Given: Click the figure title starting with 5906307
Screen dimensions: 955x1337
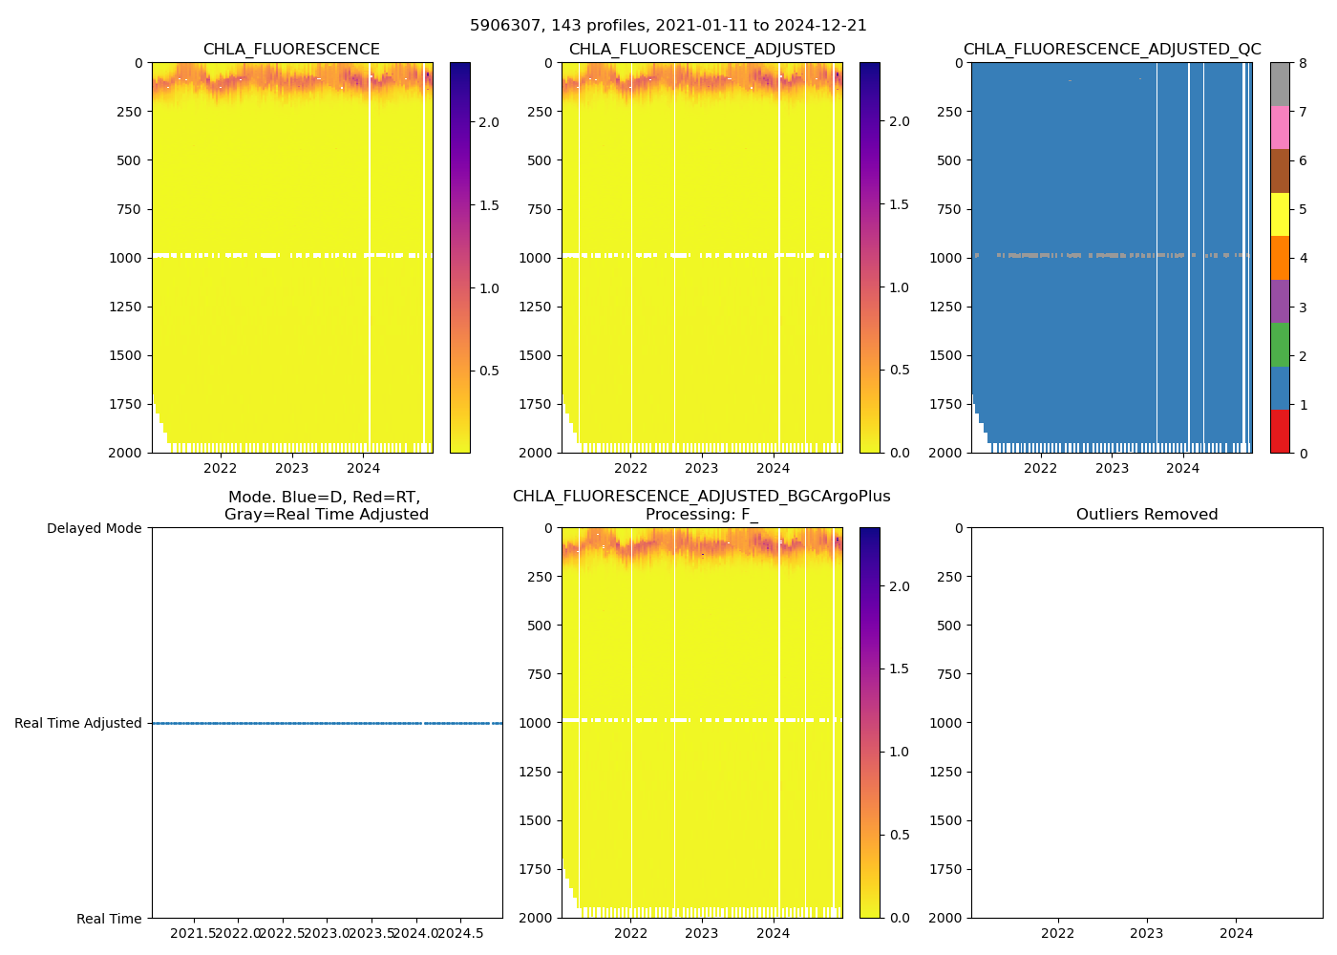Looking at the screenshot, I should (668, 26).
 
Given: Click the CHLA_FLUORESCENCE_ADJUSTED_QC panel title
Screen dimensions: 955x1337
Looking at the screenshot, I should (1112, 50).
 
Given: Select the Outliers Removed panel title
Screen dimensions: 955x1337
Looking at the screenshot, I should (1147, 515).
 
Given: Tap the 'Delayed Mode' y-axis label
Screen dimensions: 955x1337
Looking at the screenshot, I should (94, 528).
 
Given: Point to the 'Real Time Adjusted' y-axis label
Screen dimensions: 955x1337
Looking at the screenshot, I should (78, 723).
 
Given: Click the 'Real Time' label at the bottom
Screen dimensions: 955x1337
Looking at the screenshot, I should (109, 919).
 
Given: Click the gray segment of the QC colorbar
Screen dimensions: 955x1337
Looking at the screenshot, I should (1280, 84).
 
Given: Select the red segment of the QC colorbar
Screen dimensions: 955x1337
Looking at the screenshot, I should (1280, 431).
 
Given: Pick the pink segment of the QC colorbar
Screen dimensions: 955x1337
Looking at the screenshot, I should (1280, 127).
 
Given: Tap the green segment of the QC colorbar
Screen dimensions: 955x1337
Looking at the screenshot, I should (1280, 344).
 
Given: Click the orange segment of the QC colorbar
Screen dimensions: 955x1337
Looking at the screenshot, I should (1280, 258).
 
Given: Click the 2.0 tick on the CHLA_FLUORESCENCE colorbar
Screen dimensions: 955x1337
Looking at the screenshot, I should (489, 122).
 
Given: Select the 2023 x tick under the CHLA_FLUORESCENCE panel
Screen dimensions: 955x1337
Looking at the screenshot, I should (291, 468).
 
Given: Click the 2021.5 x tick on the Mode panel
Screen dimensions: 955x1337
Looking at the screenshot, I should (194, 933).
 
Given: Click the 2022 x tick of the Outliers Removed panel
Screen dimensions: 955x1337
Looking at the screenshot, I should (1057, 933).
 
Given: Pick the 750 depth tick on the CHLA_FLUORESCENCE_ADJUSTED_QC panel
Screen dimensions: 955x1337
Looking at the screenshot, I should (947, 209).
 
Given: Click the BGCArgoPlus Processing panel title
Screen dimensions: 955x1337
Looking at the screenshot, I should (701, 505).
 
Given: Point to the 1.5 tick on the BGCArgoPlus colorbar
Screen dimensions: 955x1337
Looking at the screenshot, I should (900, 668).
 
